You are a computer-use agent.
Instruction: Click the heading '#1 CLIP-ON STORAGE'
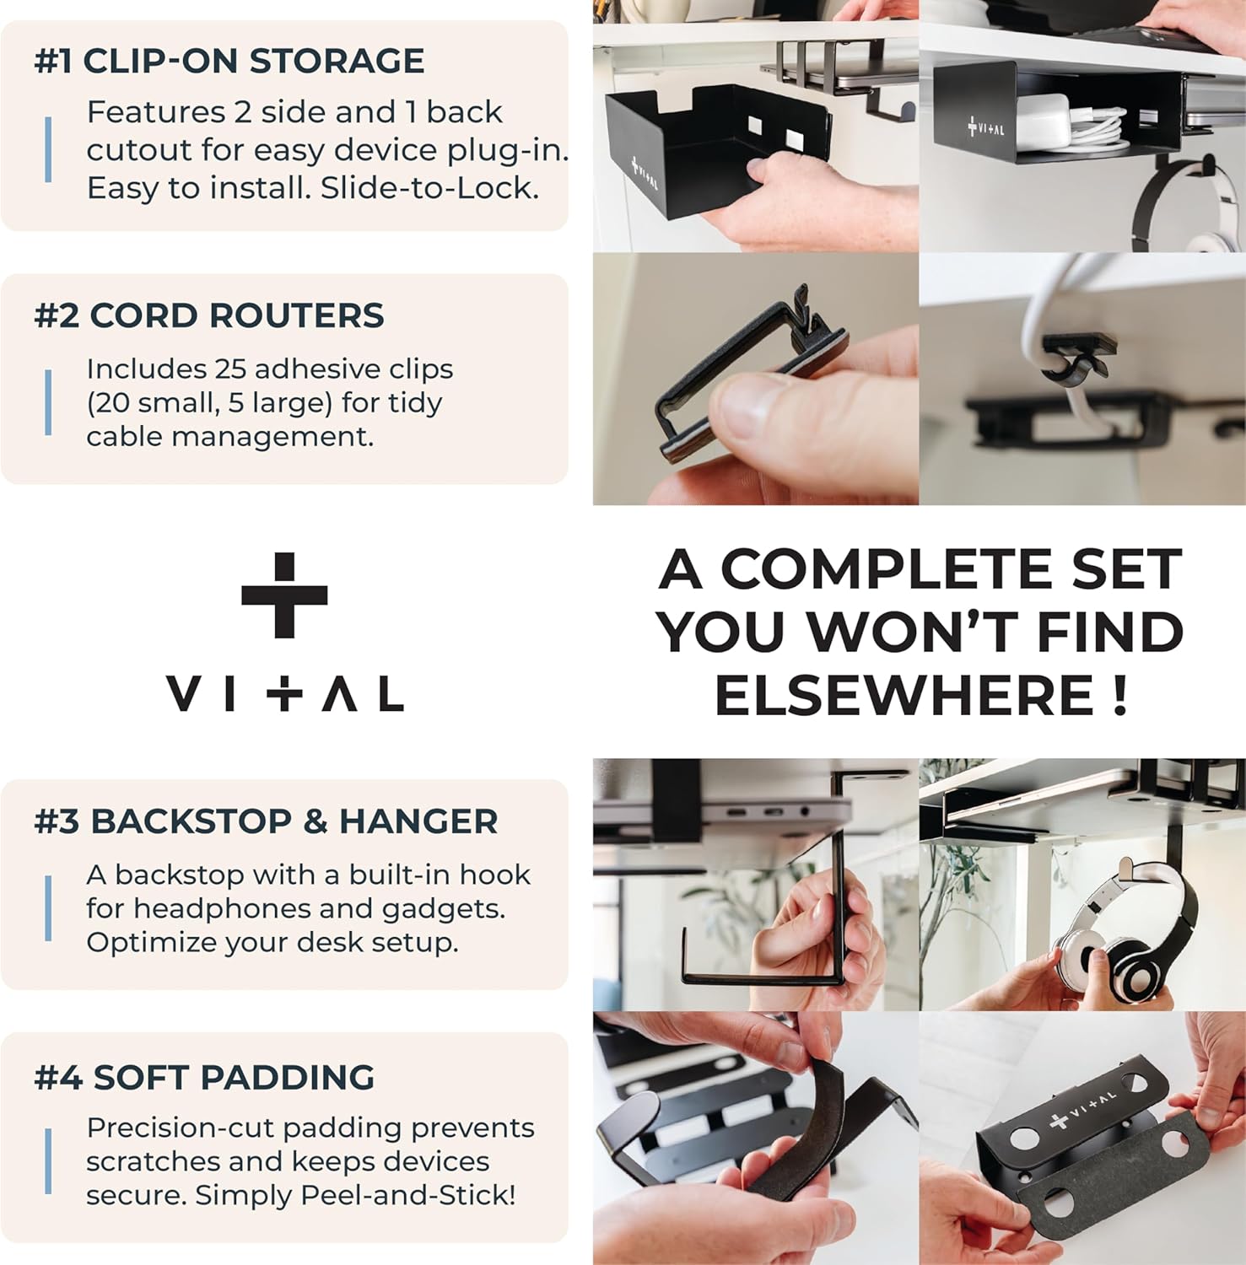pyautogui.click(x=229, y=62)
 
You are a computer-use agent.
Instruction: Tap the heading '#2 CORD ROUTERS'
pyautogui.click(x=208, y=316)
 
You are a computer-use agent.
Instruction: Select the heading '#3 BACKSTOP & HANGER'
pyautogui.click(x=266, y=821)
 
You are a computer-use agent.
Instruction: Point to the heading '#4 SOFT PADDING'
pyautogui.click(x=204, y=1078)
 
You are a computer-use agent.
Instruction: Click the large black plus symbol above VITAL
pyautogui.click(x=284, y=595)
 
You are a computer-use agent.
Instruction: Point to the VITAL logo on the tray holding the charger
pyautogui.click(x=985, y=128)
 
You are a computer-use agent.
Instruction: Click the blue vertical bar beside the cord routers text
pyautogui.click(x=48, y=402)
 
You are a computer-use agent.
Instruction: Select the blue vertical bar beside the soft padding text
pyautogui.click(x=48, y=1161)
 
